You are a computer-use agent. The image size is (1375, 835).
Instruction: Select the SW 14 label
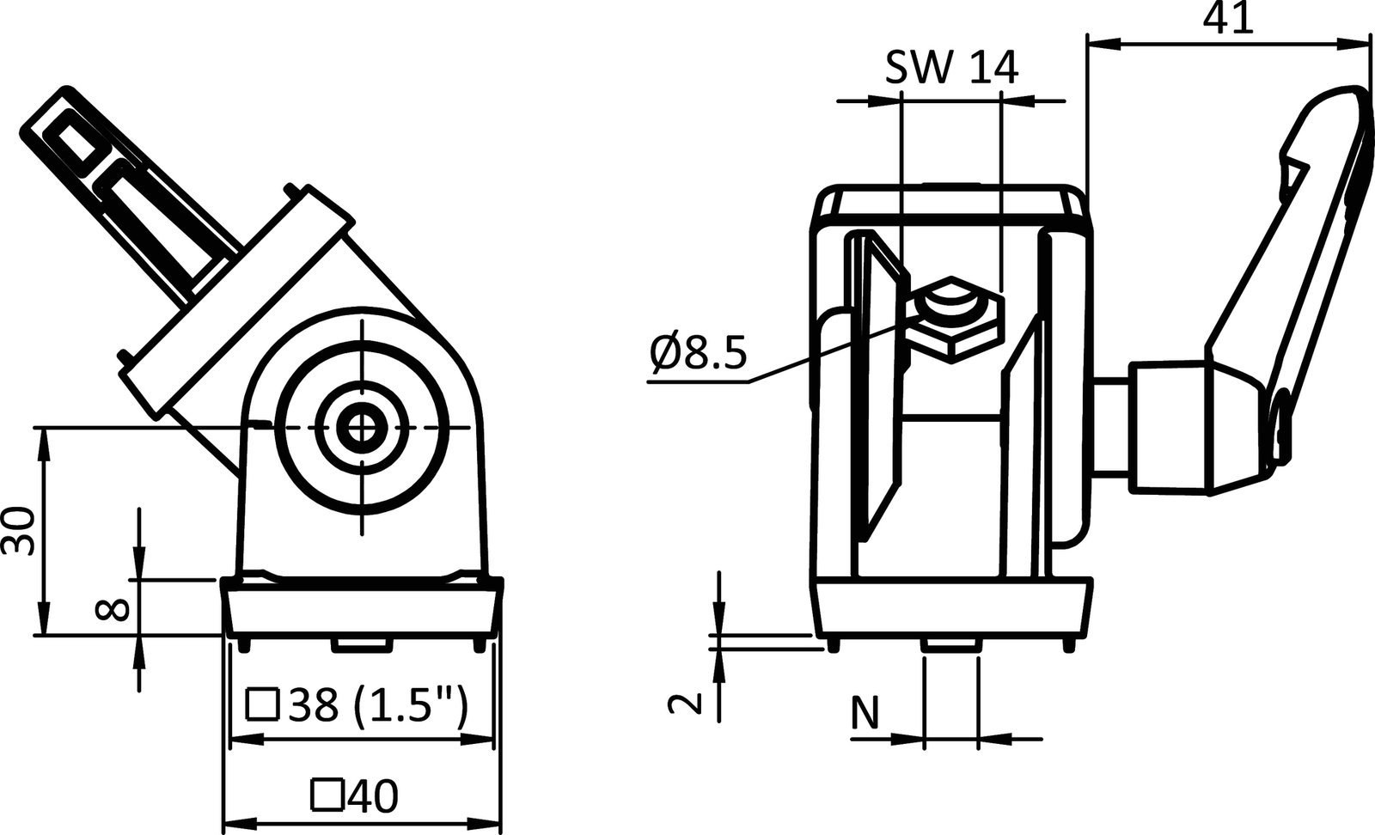point(951,67)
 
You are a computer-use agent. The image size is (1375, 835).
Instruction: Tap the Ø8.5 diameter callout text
point(698,353)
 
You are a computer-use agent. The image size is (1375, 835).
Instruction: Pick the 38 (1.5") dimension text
point(379,706)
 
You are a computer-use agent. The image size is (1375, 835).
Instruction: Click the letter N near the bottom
point(866,714)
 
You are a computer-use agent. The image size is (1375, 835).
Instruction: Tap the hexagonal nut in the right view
point(954,319)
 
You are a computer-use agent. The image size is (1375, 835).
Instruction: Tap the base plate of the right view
point(954,610)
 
